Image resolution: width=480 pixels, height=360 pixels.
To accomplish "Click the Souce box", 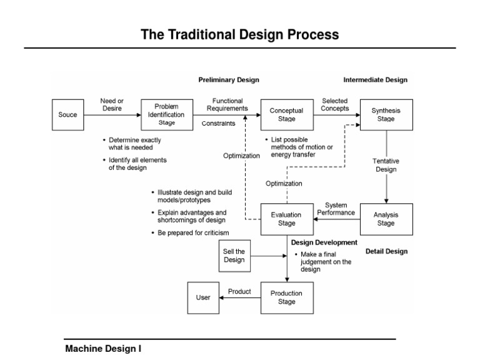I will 68,115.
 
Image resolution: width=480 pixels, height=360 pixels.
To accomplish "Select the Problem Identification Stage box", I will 166,115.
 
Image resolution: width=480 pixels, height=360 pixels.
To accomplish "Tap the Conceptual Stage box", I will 286,115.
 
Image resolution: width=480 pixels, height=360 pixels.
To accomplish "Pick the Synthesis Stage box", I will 386,115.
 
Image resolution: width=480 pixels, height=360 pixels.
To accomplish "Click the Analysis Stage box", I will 386,219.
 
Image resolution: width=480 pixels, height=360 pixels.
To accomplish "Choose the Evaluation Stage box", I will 286,219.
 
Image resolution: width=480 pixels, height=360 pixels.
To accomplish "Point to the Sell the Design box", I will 234,256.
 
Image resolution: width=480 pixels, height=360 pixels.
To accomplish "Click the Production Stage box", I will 286,297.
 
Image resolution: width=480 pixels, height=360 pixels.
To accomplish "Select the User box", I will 203,297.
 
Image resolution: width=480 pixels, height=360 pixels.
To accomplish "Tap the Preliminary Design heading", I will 229,80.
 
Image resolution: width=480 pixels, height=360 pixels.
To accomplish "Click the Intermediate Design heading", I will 376,80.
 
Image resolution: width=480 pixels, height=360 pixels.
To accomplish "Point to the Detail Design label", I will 386,251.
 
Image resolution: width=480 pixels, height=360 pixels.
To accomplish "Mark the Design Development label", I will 324,242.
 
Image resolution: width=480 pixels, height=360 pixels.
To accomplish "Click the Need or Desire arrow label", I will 112,104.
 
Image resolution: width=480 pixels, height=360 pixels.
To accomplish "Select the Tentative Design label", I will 386,165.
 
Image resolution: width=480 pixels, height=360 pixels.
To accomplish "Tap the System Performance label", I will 336,209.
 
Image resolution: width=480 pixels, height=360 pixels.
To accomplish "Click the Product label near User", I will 239,292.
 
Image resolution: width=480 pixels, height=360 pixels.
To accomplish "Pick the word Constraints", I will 219,124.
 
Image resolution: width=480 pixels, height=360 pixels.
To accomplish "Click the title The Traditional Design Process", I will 240,35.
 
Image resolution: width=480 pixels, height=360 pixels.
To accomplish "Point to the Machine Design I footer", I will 104,349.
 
